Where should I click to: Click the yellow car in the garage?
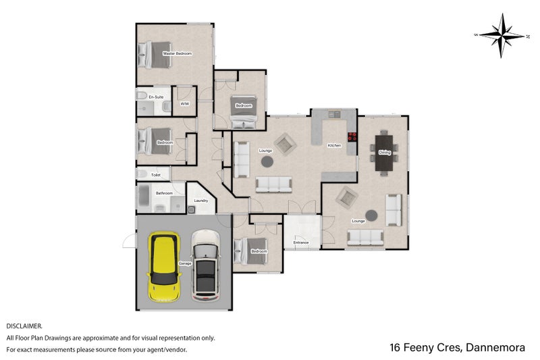coord(164,267)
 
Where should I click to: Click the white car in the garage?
coord(206,265)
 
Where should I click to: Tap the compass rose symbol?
coord(502,36)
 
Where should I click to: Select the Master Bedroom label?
coord(178,53)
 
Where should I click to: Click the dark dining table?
coord(384,153)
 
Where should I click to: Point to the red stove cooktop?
coord(352,136)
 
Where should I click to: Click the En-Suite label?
coord(156,97)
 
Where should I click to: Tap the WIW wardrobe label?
coord(184,104)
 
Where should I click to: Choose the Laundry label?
coord(200,201)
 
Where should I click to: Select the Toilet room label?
coord(156,175)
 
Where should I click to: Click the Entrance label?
coord(300,242)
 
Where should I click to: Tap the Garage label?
coord(185,263)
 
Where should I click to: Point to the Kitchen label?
coord(334,146)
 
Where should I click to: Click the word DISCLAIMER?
coord(24,326)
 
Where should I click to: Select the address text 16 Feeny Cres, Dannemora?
coord(458,347)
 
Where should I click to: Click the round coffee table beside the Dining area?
coord(371,215)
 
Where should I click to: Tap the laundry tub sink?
coord(192,209)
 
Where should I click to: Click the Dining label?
coord(384,152)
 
